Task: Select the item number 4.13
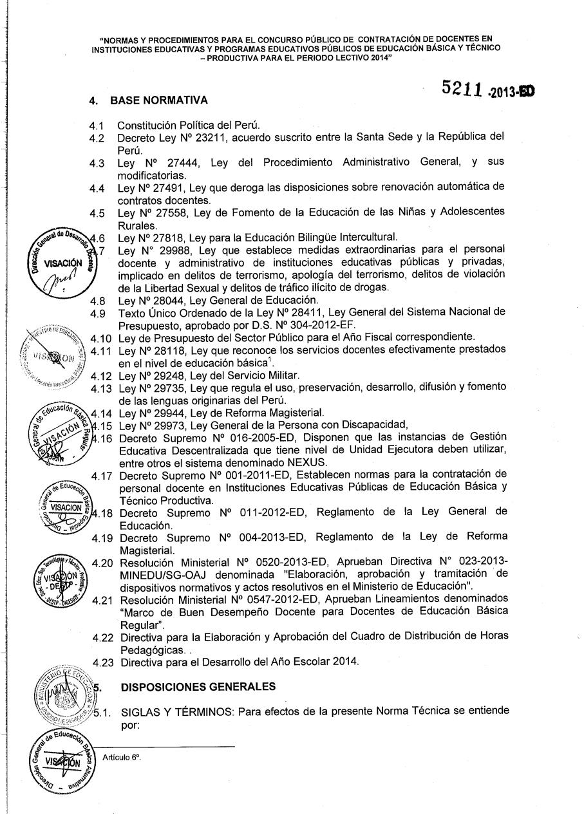click(100, 388)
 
